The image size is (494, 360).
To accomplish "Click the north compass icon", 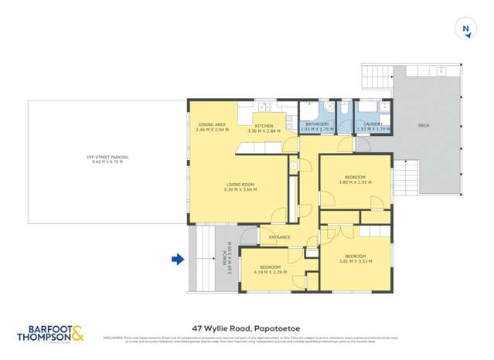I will (465, 29).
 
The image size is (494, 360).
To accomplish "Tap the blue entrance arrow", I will (178, 260).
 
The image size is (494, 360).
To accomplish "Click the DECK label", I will (423, 125).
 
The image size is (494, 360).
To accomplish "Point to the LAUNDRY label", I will (373, 124).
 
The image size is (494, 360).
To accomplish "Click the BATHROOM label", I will (317, 124).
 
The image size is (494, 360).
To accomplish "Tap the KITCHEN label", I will (264, 125).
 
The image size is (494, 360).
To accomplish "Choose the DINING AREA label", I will (211, 124).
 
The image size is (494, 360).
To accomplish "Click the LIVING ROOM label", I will (240, 184).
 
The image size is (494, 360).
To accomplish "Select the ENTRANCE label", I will (279, 237).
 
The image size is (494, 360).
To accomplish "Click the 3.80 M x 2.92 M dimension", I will (356, 182).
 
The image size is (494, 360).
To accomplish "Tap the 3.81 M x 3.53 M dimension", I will (356, 261).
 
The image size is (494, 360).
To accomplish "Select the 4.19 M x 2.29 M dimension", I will (270, 272).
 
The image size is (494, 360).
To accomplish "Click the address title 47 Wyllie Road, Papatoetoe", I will (247, 326).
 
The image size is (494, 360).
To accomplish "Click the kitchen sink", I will (264, 107).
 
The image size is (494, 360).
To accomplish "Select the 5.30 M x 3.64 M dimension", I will (240, 188).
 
